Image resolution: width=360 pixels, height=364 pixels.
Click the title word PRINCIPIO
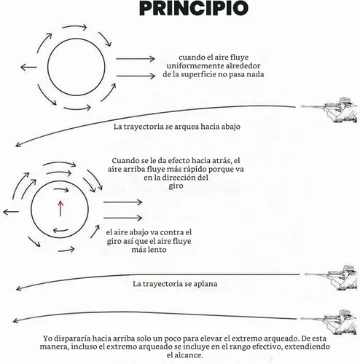(194, 8)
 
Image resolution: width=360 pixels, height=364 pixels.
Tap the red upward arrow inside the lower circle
(60, 208)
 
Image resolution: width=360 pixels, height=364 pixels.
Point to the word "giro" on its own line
(176, 186)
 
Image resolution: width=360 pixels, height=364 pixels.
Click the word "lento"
(157, 250)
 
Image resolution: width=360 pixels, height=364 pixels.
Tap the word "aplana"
(205, 284)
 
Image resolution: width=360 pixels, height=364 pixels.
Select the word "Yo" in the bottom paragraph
(47, 339)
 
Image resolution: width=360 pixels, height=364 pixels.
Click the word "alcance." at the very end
(184, 355)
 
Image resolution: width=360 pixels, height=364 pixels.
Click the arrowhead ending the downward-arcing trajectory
(17, 145)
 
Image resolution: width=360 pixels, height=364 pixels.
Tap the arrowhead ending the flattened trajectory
(18, 288)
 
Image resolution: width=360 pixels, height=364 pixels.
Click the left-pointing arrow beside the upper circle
(28, 67)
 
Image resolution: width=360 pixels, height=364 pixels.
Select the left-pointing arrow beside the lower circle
(11, 212)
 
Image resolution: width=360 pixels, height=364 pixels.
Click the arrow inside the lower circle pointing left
(60, 230)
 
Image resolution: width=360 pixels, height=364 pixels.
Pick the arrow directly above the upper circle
(74, 27)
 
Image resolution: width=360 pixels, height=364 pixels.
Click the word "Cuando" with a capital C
(125, 161)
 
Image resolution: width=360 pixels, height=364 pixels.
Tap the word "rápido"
(185, 169)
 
